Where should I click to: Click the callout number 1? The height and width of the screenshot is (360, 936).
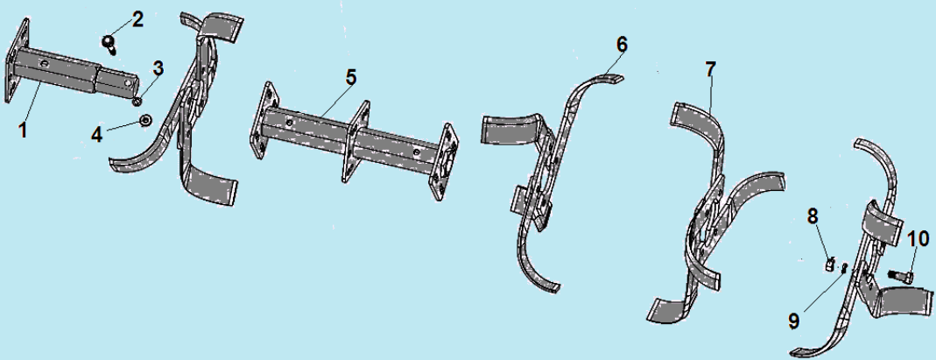(23, 130)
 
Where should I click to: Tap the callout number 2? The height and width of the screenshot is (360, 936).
(137, 19)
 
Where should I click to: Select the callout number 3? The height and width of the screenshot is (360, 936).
(158, 68)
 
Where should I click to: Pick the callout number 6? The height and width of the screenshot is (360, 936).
(622, 44)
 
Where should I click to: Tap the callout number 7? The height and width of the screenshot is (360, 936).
(709, 69)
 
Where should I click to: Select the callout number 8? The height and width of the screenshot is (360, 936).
(813, 215)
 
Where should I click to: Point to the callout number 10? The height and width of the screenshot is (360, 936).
(918, 239)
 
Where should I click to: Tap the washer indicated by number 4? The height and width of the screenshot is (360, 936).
(144, 122)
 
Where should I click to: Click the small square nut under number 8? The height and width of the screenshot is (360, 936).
(831, 263)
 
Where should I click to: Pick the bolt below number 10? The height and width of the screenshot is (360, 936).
(898, 275)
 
